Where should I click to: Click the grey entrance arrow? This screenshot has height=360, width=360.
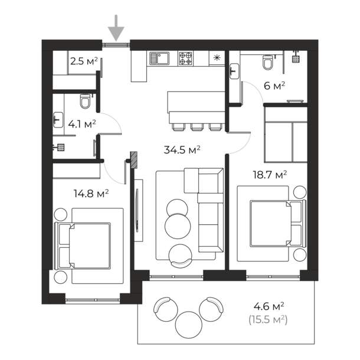pyautogui.click(x=116, y=28)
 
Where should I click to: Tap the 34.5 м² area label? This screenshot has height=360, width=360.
pyautogui.click(x=182, y=150)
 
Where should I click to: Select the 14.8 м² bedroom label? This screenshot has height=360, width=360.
pyautogui.click(x=91, y=194)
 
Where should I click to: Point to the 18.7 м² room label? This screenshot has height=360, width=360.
pyautogui.click(x=270, y=175)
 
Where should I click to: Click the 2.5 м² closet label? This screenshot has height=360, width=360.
pyautogui.click(x=84, y=61)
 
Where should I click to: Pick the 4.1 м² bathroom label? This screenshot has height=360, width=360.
pyautogui.click(x=82, y=124)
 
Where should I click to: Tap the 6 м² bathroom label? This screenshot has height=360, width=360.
pyautogui.click(x=274, y=86)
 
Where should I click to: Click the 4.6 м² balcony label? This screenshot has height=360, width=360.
pyautogui.click(x=269, y=306)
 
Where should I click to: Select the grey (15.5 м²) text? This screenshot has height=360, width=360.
pyautogui.click(x=268, y=320)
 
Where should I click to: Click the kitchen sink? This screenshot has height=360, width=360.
pyautogui.click(x=159, y=58)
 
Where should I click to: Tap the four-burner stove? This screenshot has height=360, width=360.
pyautogui.click(x=185, y=58)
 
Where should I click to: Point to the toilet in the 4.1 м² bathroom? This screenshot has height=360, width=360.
pyautogui.click(x=85, y=102)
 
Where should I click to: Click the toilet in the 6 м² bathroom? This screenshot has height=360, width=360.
pyautogui.click(x=268, y=62)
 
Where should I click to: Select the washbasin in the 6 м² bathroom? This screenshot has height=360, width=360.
pyautogui.click(x=234, y=71)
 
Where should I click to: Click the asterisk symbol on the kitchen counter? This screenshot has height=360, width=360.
pyautogui.click(x=217, y=58)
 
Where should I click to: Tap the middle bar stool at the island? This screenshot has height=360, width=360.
pyautogui.click(x=197, y=127)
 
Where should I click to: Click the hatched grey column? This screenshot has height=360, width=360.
pyautogui.click(x=134, y=159)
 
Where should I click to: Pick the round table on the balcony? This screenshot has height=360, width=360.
pyautogui.click(x=189, y=325)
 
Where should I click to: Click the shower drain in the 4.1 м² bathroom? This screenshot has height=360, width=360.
pyautogui.click(x=61, y=147)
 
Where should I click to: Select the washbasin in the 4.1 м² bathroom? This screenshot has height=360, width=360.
pyautogui.click(x=58, y=120)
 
